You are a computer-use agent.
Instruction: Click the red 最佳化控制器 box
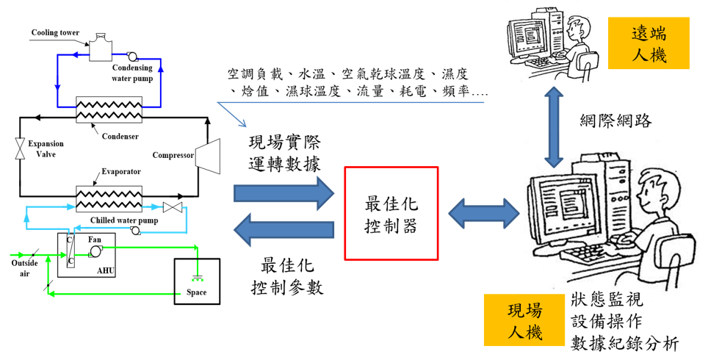coord(391,213)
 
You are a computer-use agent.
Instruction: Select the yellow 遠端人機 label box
coord(649,43)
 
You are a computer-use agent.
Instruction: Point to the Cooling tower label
coord(55,33)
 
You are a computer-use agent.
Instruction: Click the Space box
coord(196,282)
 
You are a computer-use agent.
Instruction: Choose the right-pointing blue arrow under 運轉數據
coord(282,192)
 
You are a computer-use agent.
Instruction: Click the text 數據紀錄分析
coord(624,343)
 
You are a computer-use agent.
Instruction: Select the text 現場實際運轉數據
coord(284,153)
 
